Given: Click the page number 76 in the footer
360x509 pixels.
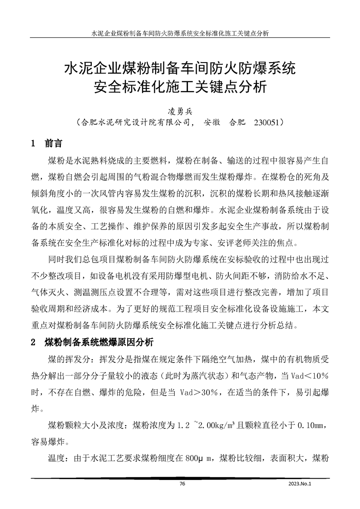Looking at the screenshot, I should click(182, 484).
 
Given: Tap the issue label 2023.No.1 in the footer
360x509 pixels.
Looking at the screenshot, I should click(301, 484).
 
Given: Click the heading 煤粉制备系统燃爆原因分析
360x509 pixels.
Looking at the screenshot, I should click(99, 342).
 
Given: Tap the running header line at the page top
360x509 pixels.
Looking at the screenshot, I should click(180, 33).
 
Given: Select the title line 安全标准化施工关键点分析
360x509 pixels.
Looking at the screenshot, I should click(180, 86).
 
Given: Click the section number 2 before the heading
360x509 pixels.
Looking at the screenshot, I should click(33, 342).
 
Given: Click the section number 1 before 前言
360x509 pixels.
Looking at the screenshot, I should click(33, 144).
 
